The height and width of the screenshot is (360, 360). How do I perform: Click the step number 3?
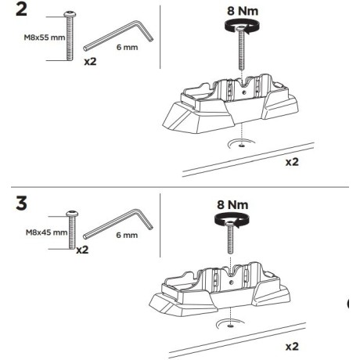point(16,203)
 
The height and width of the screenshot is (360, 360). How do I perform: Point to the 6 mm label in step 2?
point(126,48)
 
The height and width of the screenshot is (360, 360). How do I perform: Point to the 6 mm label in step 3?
point(126,234)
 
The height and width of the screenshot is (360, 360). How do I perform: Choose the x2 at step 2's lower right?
point(292,162)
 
